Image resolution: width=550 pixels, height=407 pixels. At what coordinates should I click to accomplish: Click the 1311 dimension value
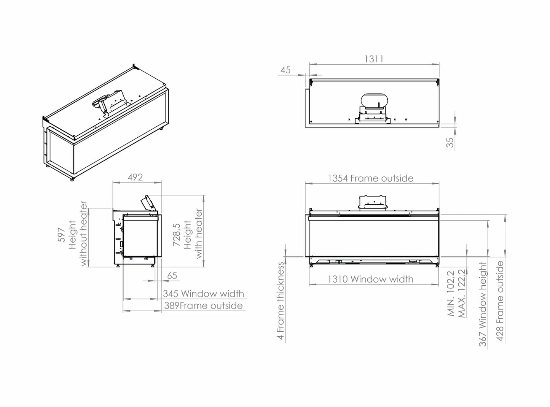(x=374, y=59)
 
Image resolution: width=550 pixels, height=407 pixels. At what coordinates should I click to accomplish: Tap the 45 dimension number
(x=285, y=70)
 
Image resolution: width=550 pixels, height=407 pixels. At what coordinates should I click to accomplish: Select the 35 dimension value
(x=450, y=143)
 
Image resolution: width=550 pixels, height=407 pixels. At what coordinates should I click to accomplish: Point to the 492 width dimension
(x=135, y=177)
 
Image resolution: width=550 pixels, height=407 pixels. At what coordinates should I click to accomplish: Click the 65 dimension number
(x=172, y=275)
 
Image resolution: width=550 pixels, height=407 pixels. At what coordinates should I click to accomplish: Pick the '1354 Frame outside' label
(x=370, y=178)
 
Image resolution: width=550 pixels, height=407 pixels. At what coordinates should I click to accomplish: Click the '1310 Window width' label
(x=370, y=279)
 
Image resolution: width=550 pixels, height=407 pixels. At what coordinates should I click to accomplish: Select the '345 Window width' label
(x=203, y=294)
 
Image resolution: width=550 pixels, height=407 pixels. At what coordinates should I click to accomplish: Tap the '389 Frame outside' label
(x=203, y=306)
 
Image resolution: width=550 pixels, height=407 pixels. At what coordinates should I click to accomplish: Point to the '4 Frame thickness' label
(x=281, y=300)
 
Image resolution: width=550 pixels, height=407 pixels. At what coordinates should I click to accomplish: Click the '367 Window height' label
(x=483, y=304)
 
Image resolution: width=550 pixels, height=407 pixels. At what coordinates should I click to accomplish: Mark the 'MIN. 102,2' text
(x=451, y=293)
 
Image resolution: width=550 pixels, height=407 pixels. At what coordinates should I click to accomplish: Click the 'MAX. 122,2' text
(x=462, y=293)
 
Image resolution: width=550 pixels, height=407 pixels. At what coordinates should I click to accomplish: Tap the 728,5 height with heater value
(x=177, y=234)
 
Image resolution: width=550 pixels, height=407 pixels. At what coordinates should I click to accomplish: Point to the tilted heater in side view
(x=149, y=202)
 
